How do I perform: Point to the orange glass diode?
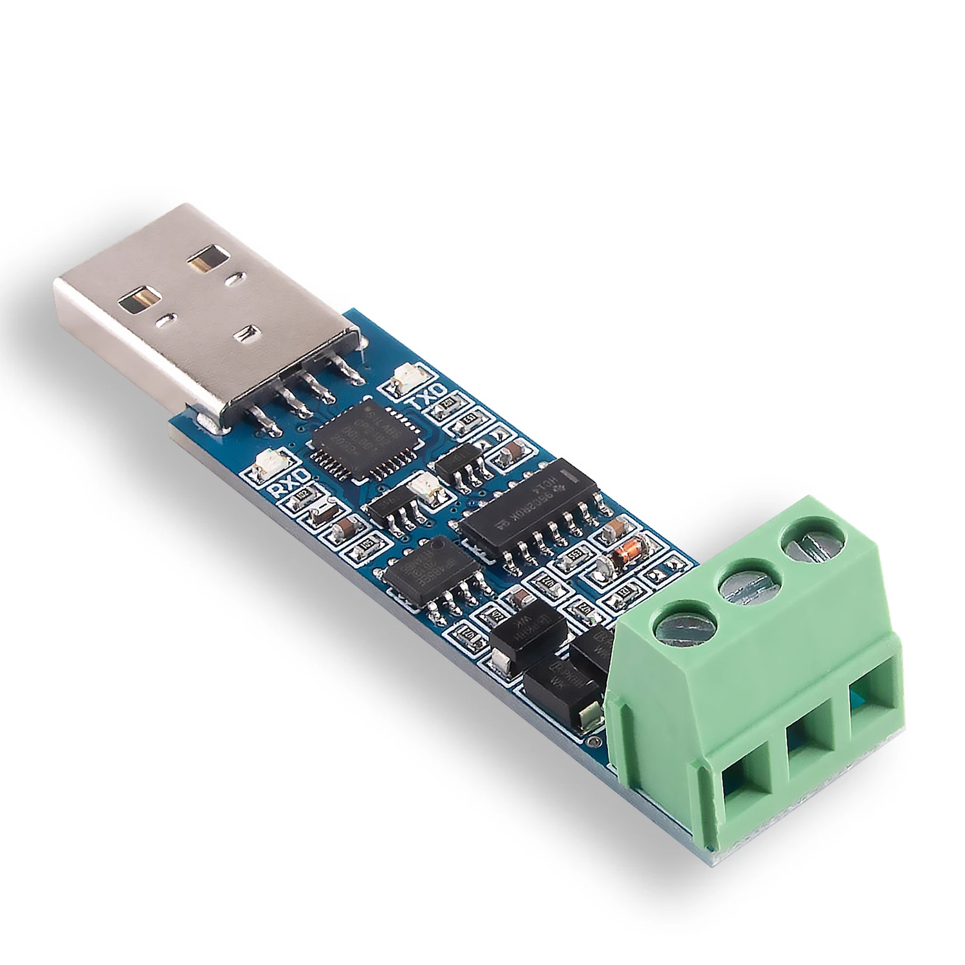[626, 552]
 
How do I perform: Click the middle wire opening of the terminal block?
[807, 733]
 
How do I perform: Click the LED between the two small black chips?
[425, 485]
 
